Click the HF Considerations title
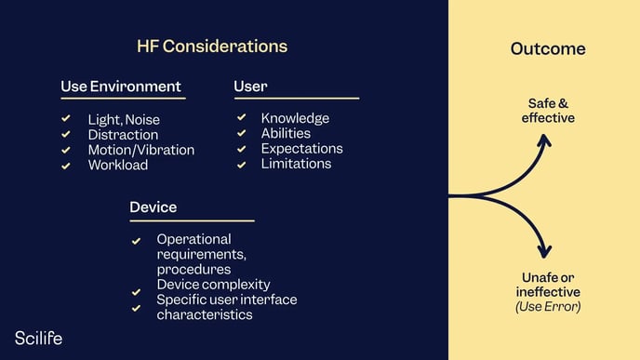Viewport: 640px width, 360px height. coord(212,46)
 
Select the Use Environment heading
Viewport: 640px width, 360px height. coord(121,87)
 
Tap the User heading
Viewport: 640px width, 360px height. coord(250,87)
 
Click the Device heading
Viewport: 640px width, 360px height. coord(153,207)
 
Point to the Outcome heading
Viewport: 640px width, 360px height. coord(548,48)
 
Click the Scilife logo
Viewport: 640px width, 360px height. coord(38,339)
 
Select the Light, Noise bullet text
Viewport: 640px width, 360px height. coord(124,120)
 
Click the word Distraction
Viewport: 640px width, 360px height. coord(122,135)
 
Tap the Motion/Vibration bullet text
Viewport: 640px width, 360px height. coord(141,150)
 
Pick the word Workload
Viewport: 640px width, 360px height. coord(118,165)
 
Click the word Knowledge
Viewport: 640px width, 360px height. coord(295,118)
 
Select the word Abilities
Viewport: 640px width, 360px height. coord(286,133)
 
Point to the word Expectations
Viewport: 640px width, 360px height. coord(301,148)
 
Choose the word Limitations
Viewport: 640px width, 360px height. coord(296,163)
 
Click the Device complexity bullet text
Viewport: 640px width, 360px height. coord(213,284)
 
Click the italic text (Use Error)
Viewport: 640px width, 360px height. coord(547,307)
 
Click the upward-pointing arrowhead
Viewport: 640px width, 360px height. coord(545,140)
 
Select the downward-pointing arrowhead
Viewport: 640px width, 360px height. coord(545,251)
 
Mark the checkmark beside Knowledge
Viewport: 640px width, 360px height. coord(241,118)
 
